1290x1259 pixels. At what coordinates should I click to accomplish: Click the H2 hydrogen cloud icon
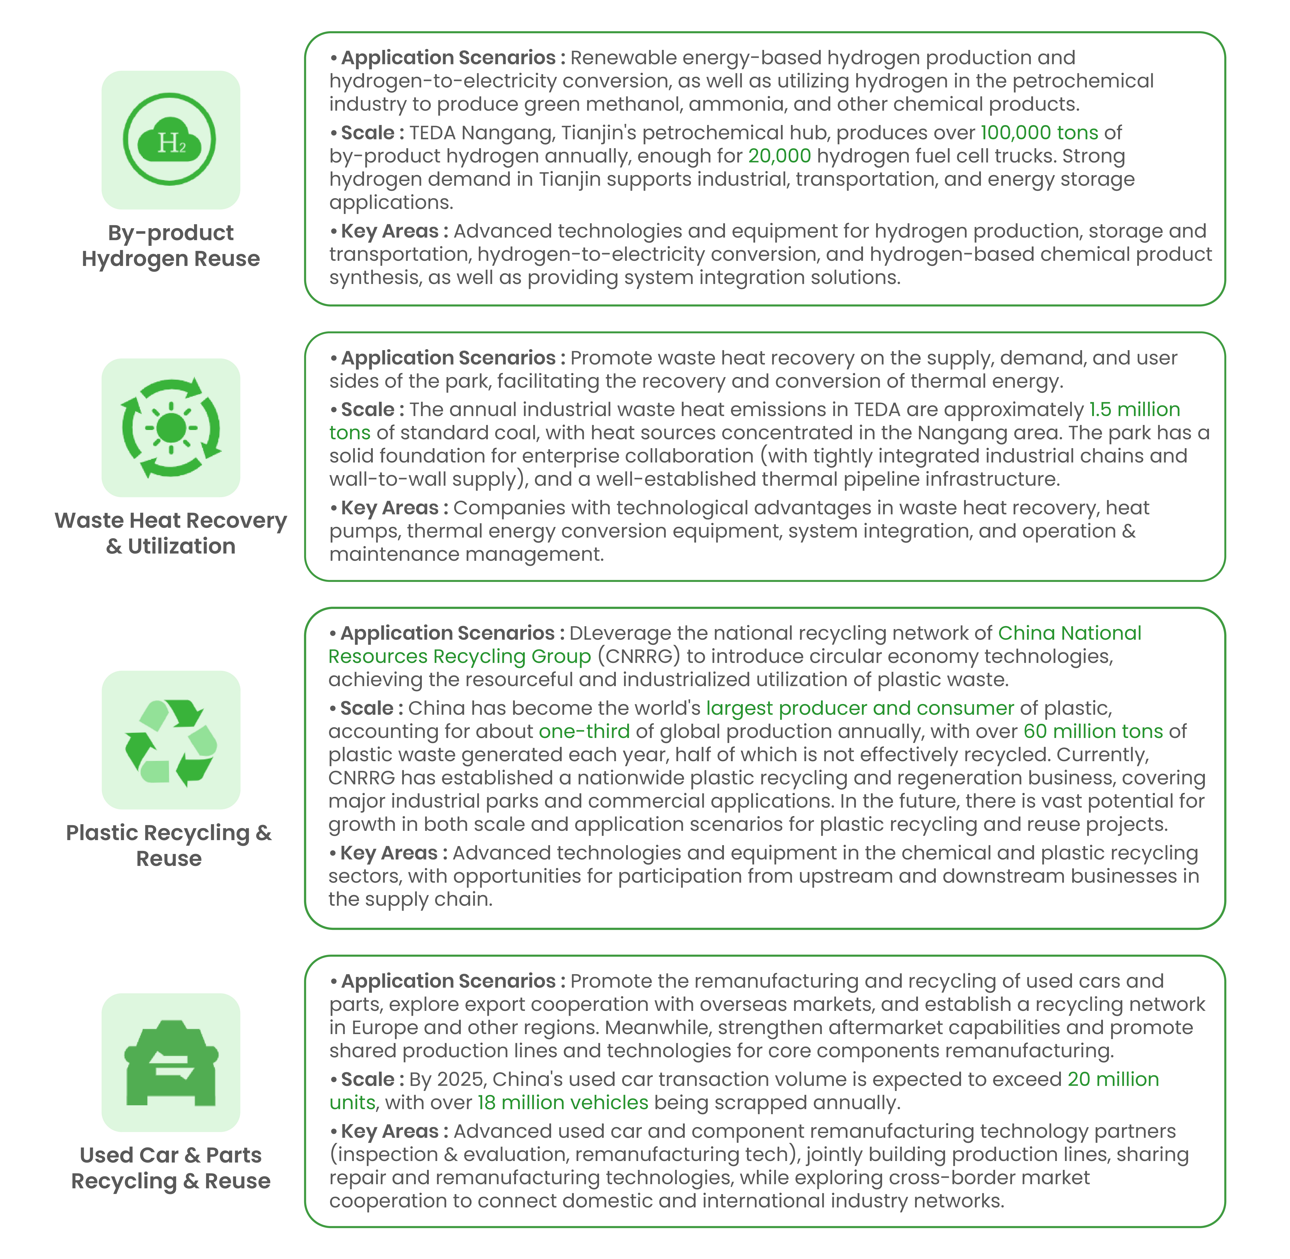point(170,140)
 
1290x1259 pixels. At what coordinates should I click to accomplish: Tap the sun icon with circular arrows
point(171,428)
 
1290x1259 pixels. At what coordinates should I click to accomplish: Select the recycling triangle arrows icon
point(171,741)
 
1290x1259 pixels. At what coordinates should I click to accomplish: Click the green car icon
point(171,1063)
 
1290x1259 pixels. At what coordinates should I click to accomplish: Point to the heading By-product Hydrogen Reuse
point(171,245)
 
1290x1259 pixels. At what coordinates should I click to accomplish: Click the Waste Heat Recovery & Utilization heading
point(171,533)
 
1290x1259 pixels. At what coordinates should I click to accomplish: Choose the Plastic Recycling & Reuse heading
point(169,845)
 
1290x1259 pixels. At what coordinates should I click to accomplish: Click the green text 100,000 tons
point(1039,133)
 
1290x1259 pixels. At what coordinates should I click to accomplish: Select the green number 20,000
point(779,156)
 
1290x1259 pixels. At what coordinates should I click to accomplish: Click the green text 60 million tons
point(1093,731)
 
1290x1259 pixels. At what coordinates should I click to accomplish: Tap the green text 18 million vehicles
point(562,1102)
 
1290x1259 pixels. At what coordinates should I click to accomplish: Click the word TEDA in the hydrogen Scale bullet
point(432,133)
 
